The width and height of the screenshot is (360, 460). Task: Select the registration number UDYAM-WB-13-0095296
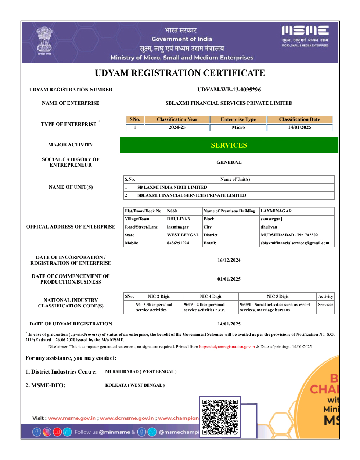click(229, 90)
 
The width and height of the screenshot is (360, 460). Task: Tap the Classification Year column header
click(177, 119)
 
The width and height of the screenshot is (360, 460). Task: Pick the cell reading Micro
click(238, 127)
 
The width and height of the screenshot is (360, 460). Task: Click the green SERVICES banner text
click(229, 145)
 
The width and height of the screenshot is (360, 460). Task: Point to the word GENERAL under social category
click(229, 162)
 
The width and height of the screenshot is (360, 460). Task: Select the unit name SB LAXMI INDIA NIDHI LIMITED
click(172, 187)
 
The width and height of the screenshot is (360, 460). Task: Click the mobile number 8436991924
click(178, 243)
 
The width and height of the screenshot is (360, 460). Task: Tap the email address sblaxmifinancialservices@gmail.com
click(295, 243)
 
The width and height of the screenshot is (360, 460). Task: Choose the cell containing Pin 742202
click(289, 235)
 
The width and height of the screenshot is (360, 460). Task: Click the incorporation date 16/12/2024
click(229, 260)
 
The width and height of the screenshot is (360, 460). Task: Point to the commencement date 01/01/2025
click(229, 279)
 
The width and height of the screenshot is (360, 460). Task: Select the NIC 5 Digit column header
click(278, 296)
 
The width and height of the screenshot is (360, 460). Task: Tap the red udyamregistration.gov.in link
click(227, 347)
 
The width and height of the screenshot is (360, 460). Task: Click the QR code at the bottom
click(220, 417)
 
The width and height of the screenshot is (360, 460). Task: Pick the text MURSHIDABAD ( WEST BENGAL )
click(141, 371)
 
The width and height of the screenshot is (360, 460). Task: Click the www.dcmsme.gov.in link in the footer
click(127, 418)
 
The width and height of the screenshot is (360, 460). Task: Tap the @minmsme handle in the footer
click(114, 432)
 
